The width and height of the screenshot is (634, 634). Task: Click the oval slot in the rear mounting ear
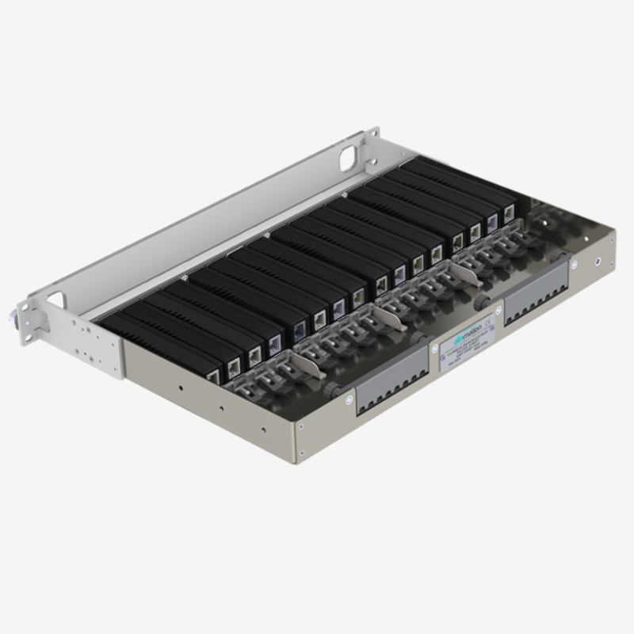349,157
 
